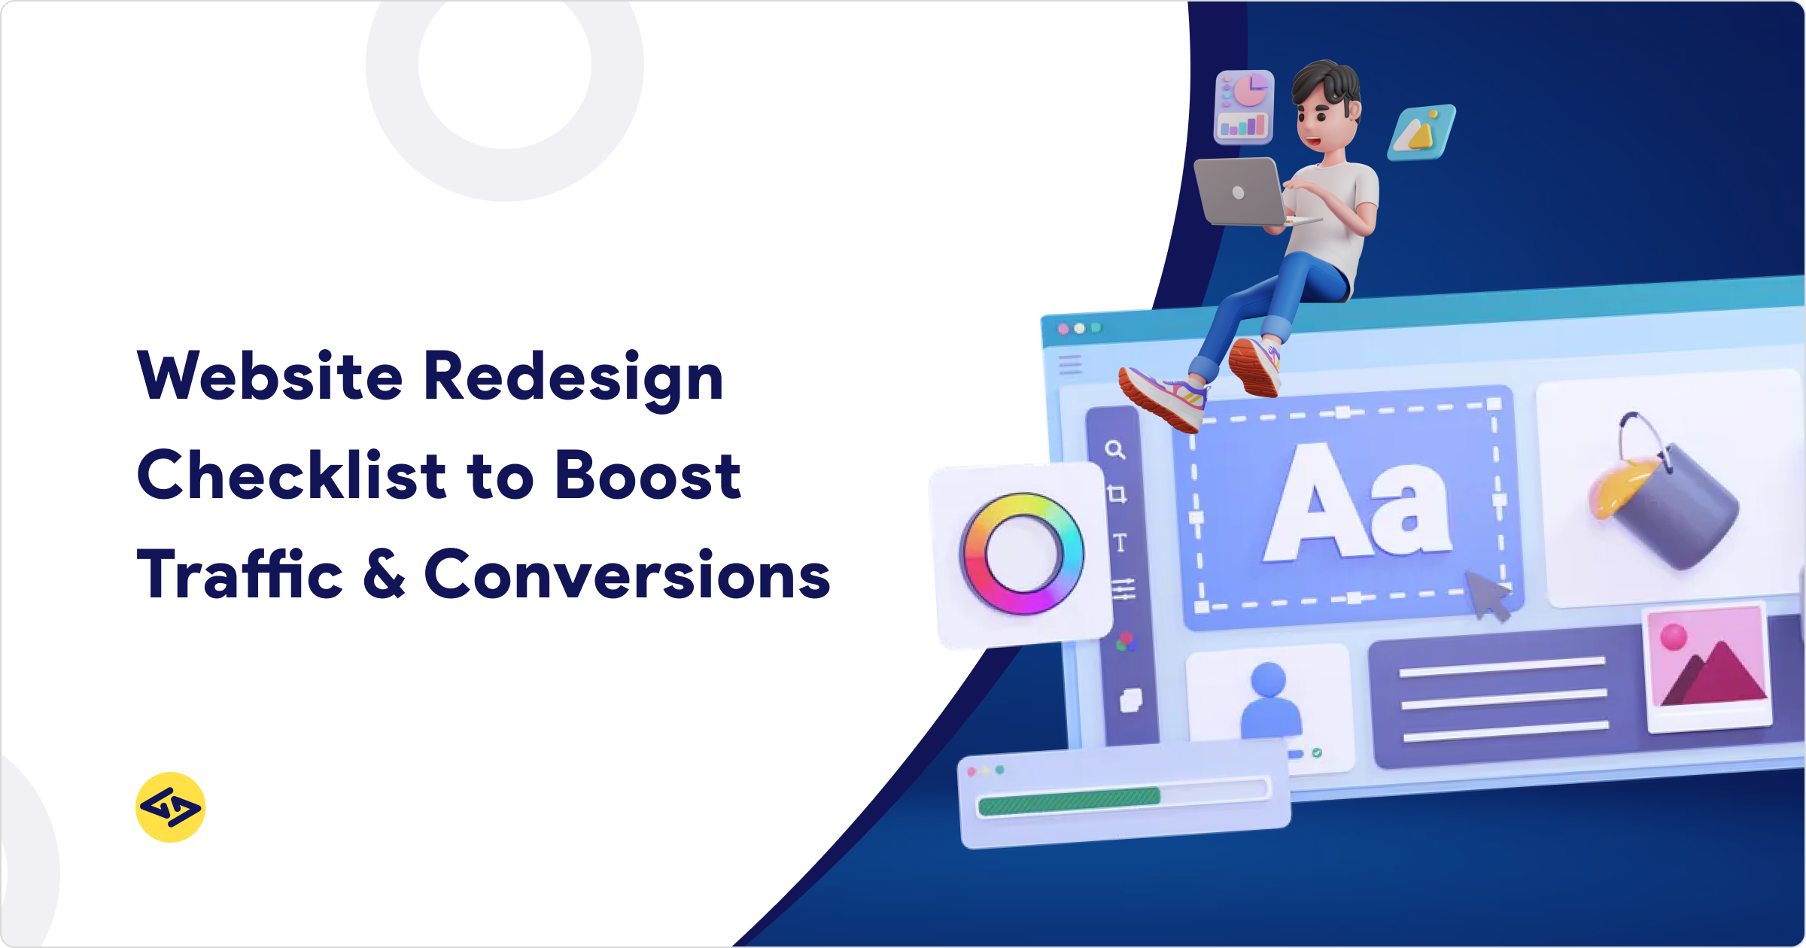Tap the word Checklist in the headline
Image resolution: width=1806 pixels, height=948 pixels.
click(292, 475)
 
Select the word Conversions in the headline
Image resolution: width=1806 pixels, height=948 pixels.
click(627, 575)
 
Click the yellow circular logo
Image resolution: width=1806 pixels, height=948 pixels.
click(171, 807)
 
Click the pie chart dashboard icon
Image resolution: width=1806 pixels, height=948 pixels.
click(1244, 107)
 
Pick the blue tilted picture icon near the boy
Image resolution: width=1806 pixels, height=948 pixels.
click(1421, 132)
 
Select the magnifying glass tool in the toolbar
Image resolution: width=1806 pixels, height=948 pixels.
click(1115, 450)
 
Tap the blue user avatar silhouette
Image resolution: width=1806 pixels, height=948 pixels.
click(1269, 700)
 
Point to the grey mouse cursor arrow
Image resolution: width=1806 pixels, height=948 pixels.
click(1486, 595)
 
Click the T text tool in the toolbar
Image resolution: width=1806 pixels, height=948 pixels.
click(1120, 542)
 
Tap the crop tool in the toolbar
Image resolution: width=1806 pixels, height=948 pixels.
click(1117, 494)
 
